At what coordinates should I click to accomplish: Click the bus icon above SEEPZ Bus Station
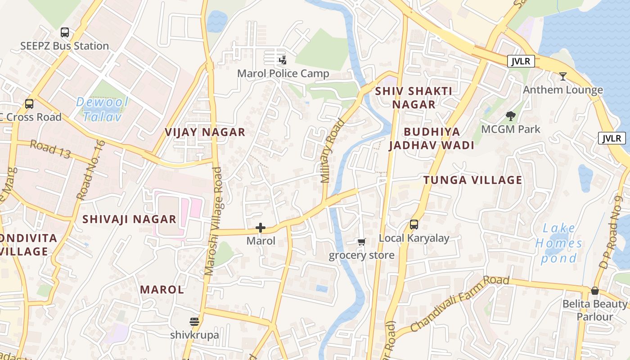click(65, 32)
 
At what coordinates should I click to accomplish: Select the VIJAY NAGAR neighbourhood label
click(205, 132)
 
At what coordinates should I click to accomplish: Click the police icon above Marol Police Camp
click(283, 60)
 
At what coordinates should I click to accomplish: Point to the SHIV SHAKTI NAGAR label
click(414, 98)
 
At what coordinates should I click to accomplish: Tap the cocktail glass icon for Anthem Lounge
click(562, 76)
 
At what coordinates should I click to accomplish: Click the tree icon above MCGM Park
click(510, 116)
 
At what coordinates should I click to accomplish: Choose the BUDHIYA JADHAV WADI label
click(432, 139)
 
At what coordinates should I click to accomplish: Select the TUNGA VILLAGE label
click(472, 180)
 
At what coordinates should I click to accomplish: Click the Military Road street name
click(332, 151)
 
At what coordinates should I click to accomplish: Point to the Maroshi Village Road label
click(213, 221)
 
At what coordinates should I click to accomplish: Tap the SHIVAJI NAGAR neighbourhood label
click(129, 219)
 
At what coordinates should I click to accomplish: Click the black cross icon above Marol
click(260, 228)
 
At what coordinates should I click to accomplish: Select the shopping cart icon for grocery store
click(361, 242)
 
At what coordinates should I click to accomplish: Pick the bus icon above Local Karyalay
click(414, 224)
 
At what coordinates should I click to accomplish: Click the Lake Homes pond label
click(559, 243)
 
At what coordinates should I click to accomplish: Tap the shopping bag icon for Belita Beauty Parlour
click(595, 291)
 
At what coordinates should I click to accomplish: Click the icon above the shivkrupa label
click(194, 321)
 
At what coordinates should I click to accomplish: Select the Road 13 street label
click(50, 149)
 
